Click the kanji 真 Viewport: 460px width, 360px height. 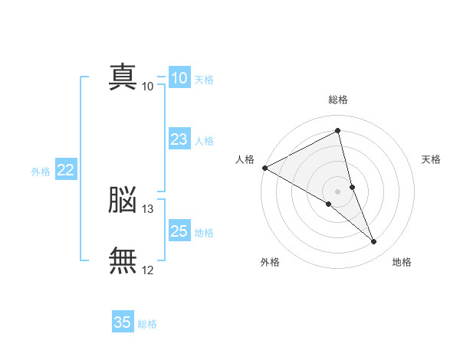(x=123, y=77)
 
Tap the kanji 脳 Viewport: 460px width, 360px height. (x=123, y=201)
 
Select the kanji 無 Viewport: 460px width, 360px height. (x=123, y=260)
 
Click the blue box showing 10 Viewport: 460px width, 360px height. (x=179, y=78)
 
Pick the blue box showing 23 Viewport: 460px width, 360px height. (x=179, y=139)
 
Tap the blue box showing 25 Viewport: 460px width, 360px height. (x=179, y=231)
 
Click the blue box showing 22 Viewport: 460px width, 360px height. (x=65, y=170)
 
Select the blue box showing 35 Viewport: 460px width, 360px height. (x=122, y=322)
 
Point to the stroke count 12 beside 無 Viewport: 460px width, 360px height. (x=148, y=270)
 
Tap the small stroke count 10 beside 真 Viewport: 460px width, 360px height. (x=148, y=87)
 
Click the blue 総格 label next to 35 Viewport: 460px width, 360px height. (x=147, y=324)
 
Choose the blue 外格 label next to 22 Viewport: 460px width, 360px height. (x=41, y=172)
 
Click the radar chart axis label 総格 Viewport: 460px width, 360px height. (x=338, y=100)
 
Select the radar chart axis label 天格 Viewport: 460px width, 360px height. (x=432, y=159)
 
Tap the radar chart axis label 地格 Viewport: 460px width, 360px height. (x=402, y=262)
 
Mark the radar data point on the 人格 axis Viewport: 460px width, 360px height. (x=264, y=168)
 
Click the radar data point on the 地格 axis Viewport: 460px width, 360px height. (x=374, y=242)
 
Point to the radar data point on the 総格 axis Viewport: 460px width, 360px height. (x=338, y=131)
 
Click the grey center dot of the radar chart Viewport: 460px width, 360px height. (x=338, y=191)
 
